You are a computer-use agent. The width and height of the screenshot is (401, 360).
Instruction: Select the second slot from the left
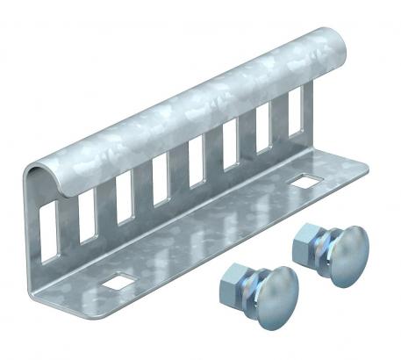(x=87, y=217)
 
